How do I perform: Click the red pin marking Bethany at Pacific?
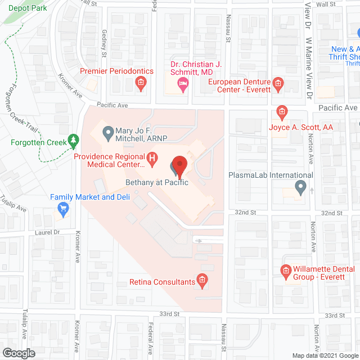179,165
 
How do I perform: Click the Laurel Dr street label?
47,232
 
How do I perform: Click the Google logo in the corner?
18,353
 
